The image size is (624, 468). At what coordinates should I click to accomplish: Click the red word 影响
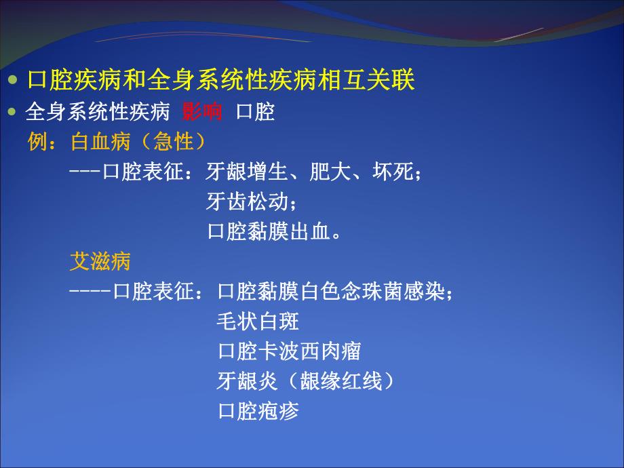pyautogui.click(x=202, y=112)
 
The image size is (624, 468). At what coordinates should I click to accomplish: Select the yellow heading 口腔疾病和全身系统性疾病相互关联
pyautogui.click(x=220, y=81)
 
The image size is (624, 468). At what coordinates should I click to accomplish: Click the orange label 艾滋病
pyautogui.click(x=100, y=261)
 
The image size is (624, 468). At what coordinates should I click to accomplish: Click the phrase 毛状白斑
pyautogui.click(x=258, y=321)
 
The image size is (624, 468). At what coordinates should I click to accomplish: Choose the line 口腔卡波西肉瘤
pyautogui.click(x=289, y=351)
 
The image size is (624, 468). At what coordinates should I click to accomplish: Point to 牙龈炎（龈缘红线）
pyautogui.click(x=305, y=381)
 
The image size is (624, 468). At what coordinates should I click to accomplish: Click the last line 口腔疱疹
pyautogui.click(x=258, y=411)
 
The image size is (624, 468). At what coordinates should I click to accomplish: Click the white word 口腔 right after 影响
pyautogui.click(x=255, y=112)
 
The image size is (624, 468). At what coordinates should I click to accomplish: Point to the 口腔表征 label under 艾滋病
pyautogui.click(x=156, y=292)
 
